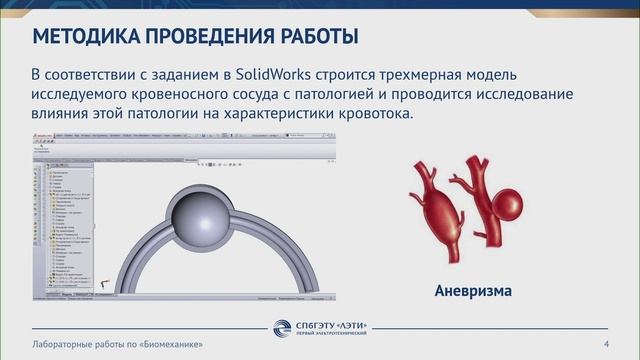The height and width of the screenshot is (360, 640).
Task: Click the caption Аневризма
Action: point(473,291)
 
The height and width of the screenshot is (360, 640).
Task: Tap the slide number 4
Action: point(607,344)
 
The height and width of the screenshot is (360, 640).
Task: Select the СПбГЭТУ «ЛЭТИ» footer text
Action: point(333,341)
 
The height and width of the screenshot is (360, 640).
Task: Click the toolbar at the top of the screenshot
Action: point(180,147)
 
